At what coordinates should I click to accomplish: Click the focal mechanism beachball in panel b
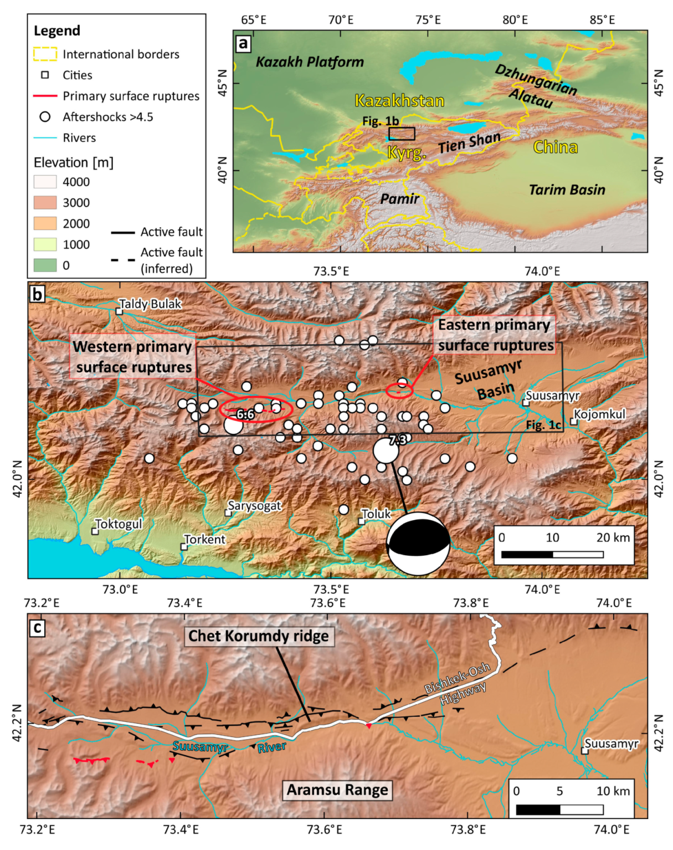(418, 544)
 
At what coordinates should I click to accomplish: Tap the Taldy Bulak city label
(150, 304)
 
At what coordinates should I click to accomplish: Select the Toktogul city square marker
(95, 531)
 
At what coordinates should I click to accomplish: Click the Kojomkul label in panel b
(599, 414)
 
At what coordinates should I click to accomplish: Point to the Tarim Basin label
(567, 190)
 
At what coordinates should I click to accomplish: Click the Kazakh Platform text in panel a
(310, 62)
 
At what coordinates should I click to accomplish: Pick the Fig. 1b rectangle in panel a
(402, 134)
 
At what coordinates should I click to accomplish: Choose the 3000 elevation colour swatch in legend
(45, 203)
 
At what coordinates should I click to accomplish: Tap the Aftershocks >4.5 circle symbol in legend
(45, 117)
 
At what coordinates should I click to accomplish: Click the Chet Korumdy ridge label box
(259, 636)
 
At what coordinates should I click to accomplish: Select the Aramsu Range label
(337, 790)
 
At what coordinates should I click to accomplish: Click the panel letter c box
(37, 628)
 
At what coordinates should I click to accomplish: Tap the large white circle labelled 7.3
(386, 450)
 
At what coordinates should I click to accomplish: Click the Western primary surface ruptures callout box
(132, 357)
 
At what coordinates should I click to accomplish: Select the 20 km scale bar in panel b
(552, 554)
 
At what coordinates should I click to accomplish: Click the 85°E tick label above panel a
(602, 20)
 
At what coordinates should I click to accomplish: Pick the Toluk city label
(376, 514)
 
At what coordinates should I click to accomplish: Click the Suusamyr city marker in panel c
(584, 751)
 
